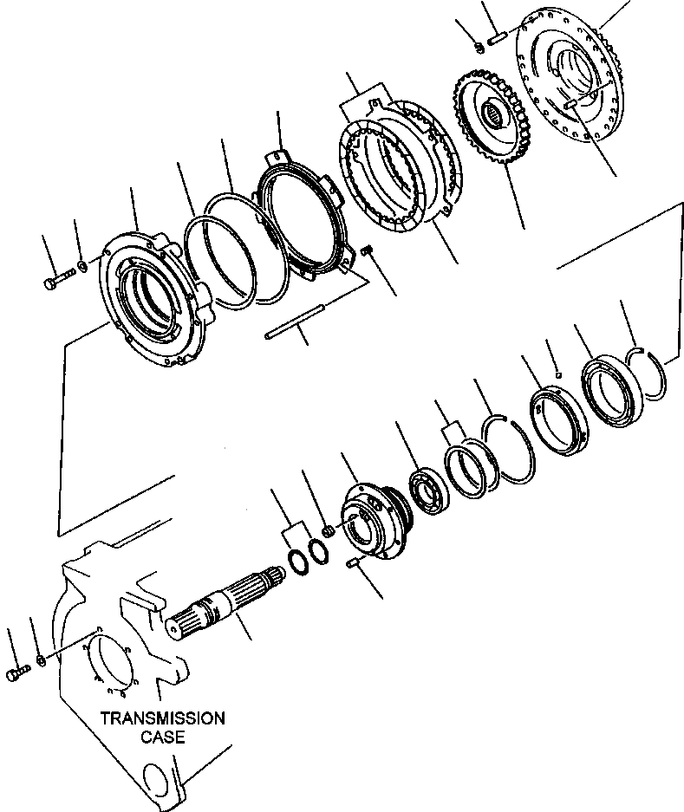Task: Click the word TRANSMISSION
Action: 162,718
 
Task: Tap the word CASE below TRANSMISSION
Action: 163,737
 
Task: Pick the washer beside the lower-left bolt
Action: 42,659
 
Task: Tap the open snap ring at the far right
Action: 646,373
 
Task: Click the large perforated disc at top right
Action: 570,78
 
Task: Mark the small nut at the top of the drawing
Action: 479,48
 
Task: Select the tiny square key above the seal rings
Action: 557,374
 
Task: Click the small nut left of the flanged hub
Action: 327,531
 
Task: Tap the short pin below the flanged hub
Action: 352,562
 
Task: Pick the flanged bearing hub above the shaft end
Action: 377,521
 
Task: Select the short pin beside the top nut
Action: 497,38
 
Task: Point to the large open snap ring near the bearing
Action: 508,449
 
